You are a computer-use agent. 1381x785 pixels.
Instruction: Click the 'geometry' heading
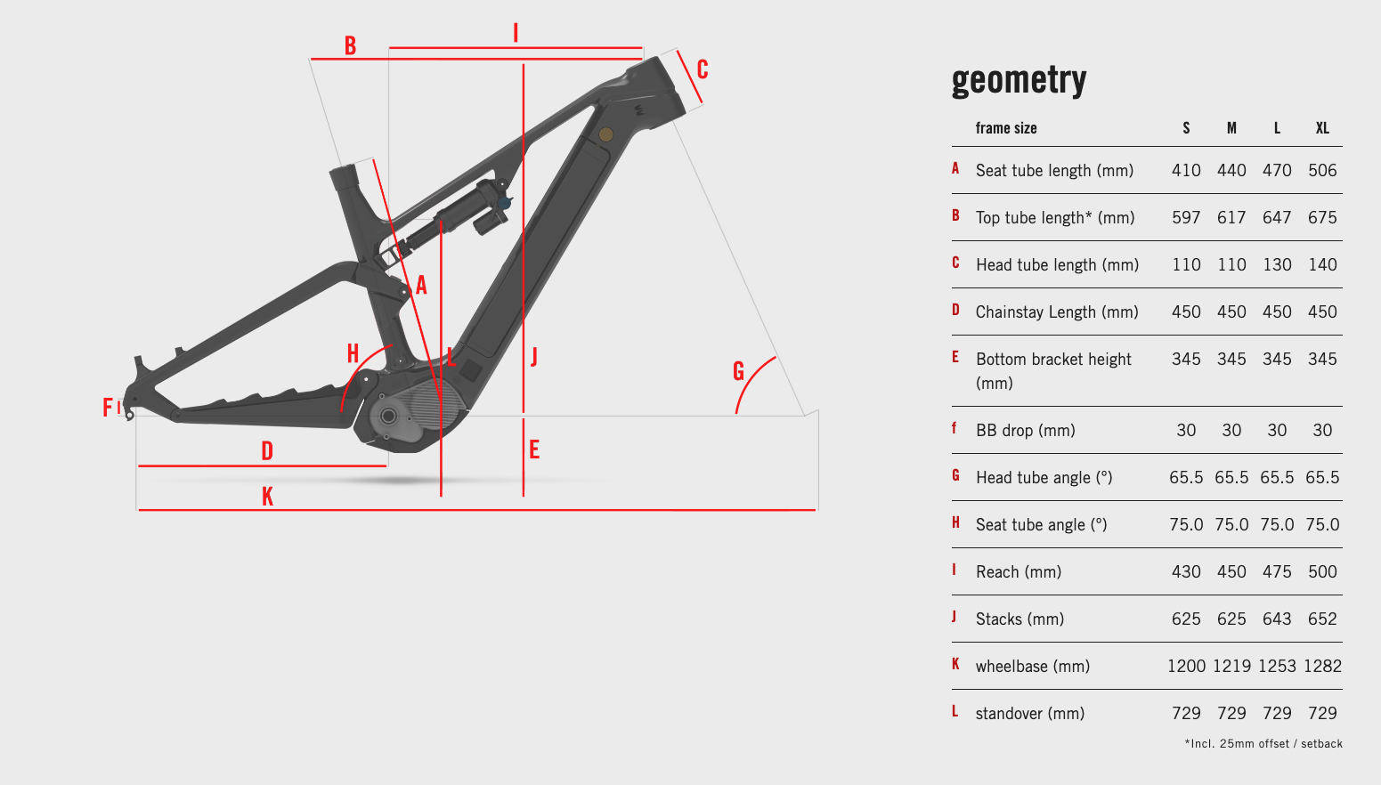(1019, 81)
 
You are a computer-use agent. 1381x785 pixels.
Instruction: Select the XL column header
(1322, 128)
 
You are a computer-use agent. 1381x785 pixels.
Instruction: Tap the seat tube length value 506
(1322, 170)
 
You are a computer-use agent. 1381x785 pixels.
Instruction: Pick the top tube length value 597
(1186, 217)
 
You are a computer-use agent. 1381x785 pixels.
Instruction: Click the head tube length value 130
(1277, 265)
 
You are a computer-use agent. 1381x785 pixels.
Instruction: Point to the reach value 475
(1277, 571)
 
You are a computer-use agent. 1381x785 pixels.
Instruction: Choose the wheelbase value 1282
(1322, 666)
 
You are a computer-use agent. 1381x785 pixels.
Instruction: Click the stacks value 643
(1277, 619)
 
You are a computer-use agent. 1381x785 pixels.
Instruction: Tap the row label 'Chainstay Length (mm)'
(1057, 312)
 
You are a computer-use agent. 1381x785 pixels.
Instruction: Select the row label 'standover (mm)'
(1029, 714)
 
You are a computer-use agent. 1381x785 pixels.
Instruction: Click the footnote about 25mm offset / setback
(1263, 744)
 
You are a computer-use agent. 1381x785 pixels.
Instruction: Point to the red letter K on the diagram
(267, 496)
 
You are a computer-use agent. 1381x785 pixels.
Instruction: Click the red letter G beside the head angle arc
(738, 371)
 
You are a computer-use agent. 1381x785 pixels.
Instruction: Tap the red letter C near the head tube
(703, 69)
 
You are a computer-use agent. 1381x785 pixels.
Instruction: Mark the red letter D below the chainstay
(267, 451)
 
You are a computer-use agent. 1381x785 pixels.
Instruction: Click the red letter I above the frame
(516, 33)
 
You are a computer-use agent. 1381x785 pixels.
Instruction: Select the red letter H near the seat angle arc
(353, 353)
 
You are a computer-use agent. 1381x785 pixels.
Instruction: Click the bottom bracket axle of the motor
(388, 417)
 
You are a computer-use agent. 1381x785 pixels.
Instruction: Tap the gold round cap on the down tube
(606, 134)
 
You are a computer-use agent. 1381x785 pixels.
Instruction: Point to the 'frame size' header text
(1006, 128)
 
